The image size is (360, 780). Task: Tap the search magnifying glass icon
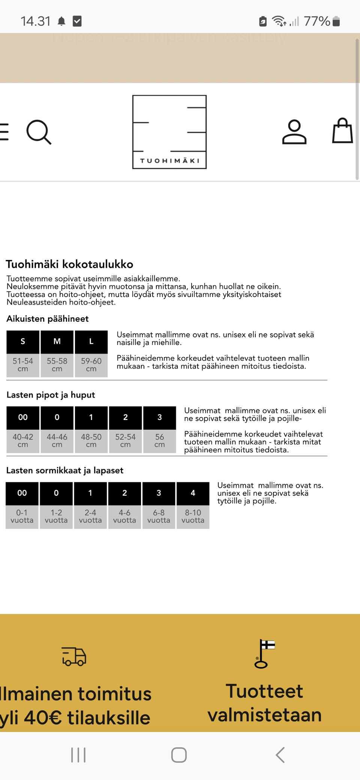point(39,132)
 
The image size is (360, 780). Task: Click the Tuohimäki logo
point(169,132)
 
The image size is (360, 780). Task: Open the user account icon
point(294,132)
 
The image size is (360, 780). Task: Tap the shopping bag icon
point(342,131)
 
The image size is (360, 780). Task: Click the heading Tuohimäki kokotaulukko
point(69,264)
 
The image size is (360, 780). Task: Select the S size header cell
point(23,342)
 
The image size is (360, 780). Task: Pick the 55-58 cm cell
point(57,365)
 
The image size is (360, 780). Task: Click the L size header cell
point(91,342)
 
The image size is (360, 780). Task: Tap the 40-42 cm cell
point(23,441)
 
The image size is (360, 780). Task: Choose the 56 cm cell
point(159,441)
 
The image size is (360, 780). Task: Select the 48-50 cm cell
point(91,441)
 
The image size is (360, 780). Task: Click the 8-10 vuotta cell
point(193,516)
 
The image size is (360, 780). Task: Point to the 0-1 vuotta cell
point(22,516)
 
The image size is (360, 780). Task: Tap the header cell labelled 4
point(193,493)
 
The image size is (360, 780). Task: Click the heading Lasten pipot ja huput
point(51,395)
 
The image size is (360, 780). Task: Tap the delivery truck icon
point(74,656)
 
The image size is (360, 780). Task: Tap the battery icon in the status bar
point(336,21)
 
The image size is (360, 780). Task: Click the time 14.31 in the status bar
point(35,21)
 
